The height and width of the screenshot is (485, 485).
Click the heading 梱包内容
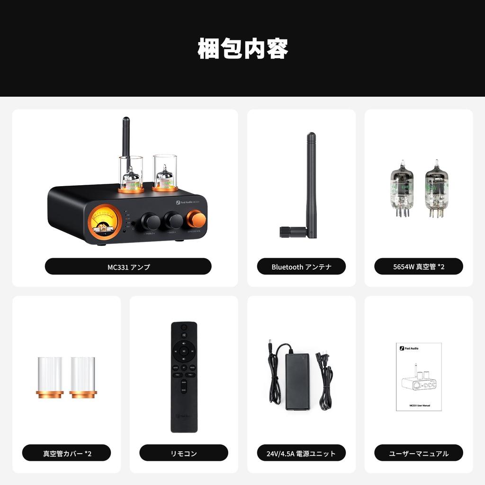click(x=242, y=49)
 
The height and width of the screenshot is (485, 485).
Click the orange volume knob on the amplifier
click(x=196, y=219)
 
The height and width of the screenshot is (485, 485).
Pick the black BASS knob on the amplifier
click(x=173, y=220)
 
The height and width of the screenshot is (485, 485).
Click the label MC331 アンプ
click(x=128, y=267)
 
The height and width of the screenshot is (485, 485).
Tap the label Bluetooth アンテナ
click(x=301, y=267)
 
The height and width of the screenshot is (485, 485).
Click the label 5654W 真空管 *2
click(x=419, y=267)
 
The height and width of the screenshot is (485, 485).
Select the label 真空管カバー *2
click(x=67, y=453)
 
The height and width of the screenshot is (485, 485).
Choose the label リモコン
click(x=184, y=453)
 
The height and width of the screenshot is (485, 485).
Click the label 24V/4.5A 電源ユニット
click(x=301, y=453)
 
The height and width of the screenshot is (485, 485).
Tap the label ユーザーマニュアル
click(x=419, y=453)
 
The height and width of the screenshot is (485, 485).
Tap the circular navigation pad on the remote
click(x=184, y=351)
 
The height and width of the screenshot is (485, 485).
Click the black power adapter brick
click(x=297, y=381)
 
